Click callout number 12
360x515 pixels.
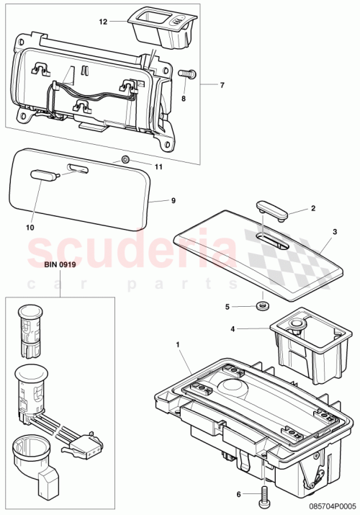[102, 22]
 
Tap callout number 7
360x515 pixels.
[222, 85]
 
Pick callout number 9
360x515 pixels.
[173, 200]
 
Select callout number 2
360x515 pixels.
[312, 209]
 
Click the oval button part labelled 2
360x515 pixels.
[272, 208]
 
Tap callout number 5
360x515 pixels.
[228, 306]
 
